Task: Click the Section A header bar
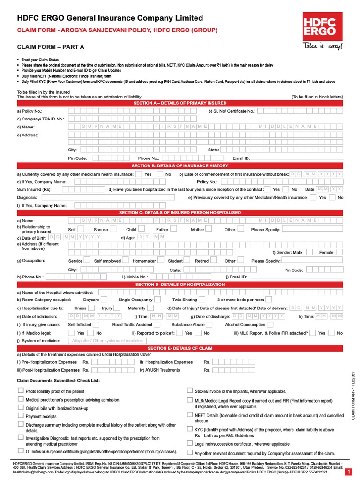click(180, 103)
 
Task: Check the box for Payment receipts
click(20, 416)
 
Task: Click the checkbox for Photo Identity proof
click(20, 391)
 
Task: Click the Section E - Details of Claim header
click(180, 349)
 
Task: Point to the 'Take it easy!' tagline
click(319, 46)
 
